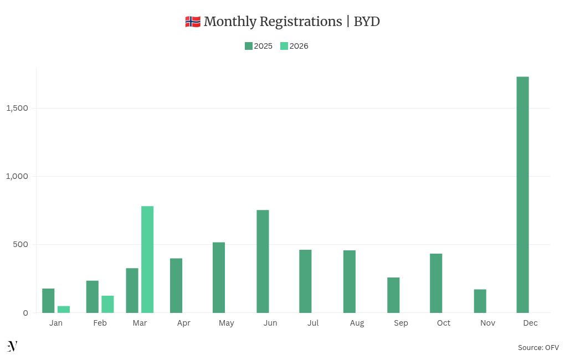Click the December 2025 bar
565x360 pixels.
pyautogui.click(x=522, y=194)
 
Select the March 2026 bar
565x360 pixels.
pyautogui.click(x=147, y=259)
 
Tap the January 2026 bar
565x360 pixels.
pyautogui.click(x=64, y=309)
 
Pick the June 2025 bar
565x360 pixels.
pyautogui.click(x=263, y=261)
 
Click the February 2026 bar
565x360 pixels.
pyautogui.click(x=107, y=304)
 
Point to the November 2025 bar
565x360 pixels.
pyautogui.click(x=480, y=301)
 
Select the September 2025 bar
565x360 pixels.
pyautogui.click(x=393, y=295)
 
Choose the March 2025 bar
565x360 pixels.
pyautogui.click(x=132, y=290)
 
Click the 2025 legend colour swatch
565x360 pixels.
pyautogui.click(x=249, y=46)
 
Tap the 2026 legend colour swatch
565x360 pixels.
pyautogui.click(x=284, y=46)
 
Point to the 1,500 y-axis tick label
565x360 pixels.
pyautogui.click(x=17, y=108)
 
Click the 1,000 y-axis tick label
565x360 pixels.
pyautogui.click(x=17, y=176)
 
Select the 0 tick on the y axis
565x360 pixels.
pyautogui.click(x=25, y=313)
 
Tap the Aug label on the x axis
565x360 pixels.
pyautogui.click(x=357, y=323)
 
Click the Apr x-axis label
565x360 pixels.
pyautogui.click(x=183, y=323)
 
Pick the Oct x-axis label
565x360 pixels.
pyautogui.click(x=444, y=323)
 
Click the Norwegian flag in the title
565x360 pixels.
pyautogui.click(x=192, y=22)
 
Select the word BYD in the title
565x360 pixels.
pyautogui.click(x=367, y=22)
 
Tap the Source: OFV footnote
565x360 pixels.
pyautogui.click(x=538, y=347)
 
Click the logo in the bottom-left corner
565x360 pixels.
pyautogui.click(x=12, y=346)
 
